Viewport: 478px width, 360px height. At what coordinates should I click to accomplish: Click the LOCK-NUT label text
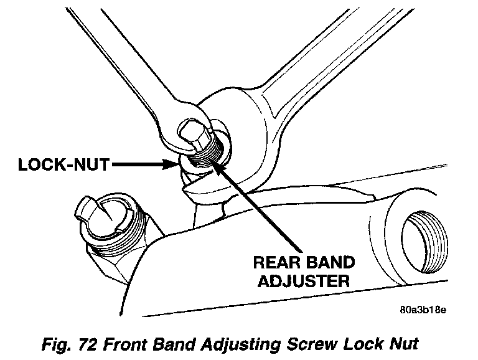coord(63,165)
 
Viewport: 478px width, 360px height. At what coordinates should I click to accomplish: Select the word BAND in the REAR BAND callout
coord(330,262)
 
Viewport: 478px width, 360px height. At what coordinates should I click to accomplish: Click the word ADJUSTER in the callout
coord(304,281)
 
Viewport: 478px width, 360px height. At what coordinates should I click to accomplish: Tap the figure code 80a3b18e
coord(423,310)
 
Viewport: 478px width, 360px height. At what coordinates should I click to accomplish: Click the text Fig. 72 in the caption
coord(70,344)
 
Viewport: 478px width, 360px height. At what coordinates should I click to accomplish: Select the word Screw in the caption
coord(312,344)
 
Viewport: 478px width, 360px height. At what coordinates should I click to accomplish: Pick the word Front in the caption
coord(125,344)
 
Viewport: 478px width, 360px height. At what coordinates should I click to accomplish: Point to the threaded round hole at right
coord(424,242)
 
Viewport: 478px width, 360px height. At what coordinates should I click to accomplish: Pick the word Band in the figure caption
coord(174,344)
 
